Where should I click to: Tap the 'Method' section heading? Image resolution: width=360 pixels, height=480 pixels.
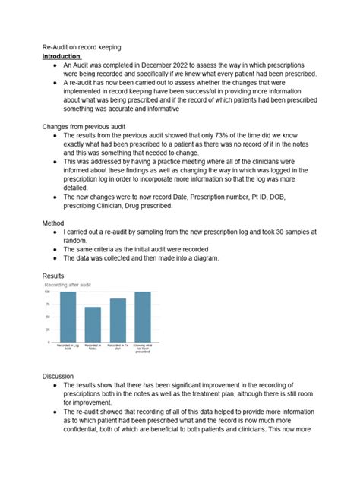54,223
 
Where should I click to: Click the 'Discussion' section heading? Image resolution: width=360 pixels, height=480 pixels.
60,376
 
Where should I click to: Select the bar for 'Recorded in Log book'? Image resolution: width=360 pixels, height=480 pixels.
68,317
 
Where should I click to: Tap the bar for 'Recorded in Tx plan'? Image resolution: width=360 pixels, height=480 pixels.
118,320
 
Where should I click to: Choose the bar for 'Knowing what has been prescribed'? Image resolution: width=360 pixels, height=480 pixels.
143,317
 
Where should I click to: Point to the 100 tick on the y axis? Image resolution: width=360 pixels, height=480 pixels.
48,292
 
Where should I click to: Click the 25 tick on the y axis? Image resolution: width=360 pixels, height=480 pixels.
49,330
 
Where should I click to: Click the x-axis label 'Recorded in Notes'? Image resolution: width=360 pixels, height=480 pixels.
93,349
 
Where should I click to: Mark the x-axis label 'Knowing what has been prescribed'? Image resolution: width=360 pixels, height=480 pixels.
143,350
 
